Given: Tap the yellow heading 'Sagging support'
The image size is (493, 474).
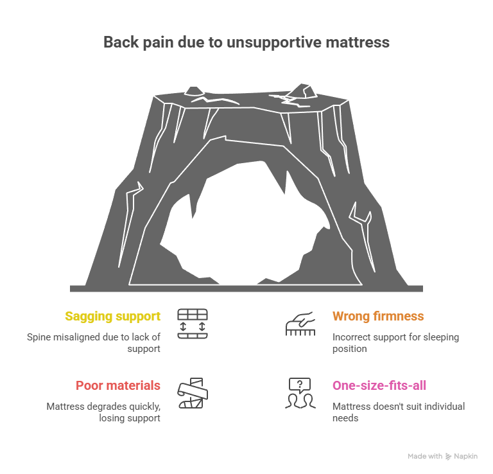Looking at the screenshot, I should [x=112, y=316].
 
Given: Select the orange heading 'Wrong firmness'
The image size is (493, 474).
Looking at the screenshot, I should [x=378, y=316].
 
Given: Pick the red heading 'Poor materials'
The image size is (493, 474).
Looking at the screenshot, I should [x=118, y=385].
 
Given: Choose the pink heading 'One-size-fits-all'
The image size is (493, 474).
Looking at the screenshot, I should [x=379, y=385].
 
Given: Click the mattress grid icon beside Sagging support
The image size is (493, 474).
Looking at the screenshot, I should [x=193, y=323].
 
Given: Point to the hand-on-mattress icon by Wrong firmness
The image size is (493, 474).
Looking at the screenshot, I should [x=300, y=324].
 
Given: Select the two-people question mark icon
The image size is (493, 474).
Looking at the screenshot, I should [x=300, y=393].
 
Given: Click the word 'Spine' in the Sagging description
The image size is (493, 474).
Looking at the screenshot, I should [x=39, y=337].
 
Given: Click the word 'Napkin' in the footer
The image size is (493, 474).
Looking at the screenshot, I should [x=467, y=457].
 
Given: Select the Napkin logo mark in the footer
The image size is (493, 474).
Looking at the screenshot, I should [x=448, y=457].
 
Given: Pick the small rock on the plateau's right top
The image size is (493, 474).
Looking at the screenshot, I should [x=300, y=95].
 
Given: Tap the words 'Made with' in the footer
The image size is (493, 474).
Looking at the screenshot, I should [x=424, y=457].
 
